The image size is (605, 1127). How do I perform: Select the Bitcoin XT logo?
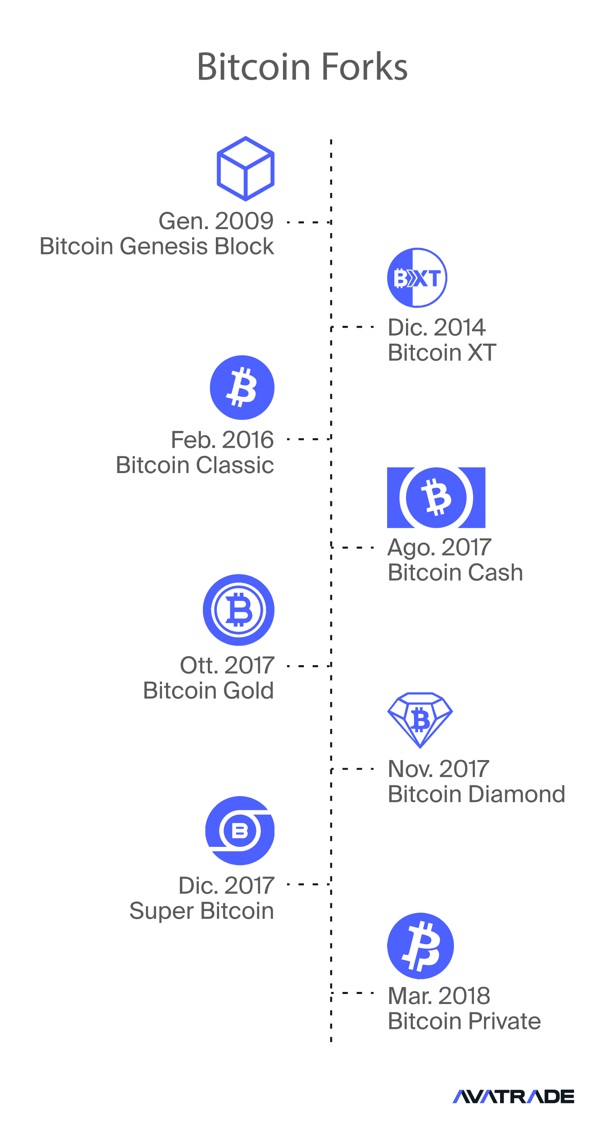point(417,278)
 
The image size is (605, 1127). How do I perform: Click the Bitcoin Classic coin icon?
point(242,387)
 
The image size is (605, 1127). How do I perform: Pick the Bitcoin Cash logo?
point(436,498)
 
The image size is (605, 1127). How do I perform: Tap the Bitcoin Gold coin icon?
point(238,610)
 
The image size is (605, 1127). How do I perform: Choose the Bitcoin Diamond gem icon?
point(420,720)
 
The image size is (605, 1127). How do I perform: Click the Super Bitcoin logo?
point(240,830)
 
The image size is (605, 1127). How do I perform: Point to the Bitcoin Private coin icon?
point(420,946)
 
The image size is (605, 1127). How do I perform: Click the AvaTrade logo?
point(513,1096)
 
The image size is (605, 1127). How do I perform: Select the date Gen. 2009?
point(216,221)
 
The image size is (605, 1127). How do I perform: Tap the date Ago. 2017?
point(439,548)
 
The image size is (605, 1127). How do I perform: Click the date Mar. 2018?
point(439,996)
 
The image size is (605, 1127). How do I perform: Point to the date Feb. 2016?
point(222,440)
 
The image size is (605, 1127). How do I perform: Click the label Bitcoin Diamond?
point(476,794)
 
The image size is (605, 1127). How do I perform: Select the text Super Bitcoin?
point(202,911)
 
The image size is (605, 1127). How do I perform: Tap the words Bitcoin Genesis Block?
point(157,246)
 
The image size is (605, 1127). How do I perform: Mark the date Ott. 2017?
point(227,666)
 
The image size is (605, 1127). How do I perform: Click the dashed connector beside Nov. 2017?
point(352,769)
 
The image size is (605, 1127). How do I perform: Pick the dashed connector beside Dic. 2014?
point(352,327)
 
